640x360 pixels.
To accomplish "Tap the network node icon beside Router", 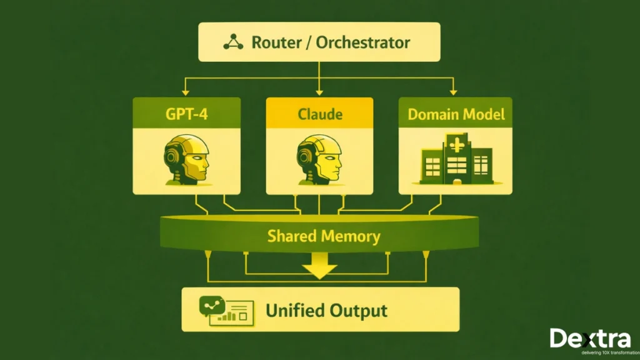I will click(234, 42).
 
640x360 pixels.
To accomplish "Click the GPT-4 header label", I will click(187, 115).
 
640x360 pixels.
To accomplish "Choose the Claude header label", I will click(319, 115).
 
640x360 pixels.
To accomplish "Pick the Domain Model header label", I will click(456, 115).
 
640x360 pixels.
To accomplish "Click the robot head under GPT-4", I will click(186, 159).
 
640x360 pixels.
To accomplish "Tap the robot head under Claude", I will click(319, 159).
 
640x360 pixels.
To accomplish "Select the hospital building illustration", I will click(456, 161).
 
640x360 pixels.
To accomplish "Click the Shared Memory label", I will click(323, 236).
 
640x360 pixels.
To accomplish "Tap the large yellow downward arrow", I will click(319, 269).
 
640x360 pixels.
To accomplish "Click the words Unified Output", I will click(326, 311).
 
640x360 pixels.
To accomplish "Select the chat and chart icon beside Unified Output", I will click(224, 309).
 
